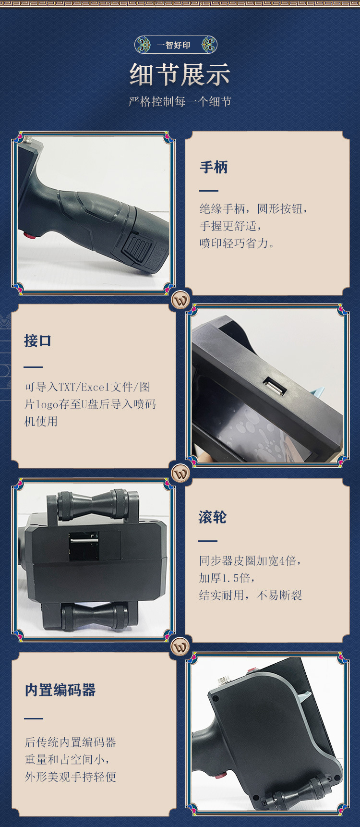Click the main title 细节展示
[x=180, y=74]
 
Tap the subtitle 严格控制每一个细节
[x=180, y=101]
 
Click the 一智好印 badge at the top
[x=176, y=45]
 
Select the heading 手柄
[x=214, y=167]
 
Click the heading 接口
[x=38, y=341]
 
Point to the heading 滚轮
[x=213, y=517]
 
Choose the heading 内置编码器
[x=60, y=690]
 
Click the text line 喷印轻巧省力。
[x=238, y=243]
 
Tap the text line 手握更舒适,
[x=231, y=226]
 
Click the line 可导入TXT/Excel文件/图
[x=87, y=387]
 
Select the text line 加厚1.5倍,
[x=227, y=578]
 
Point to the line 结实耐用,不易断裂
[x=251, y=595]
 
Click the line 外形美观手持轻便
[x=71, y=777]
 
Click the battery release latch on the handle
[x=139, y=249]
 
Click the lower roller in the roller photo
[x=95, y=615]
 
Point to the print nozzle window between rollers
[x=84, y=546]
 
